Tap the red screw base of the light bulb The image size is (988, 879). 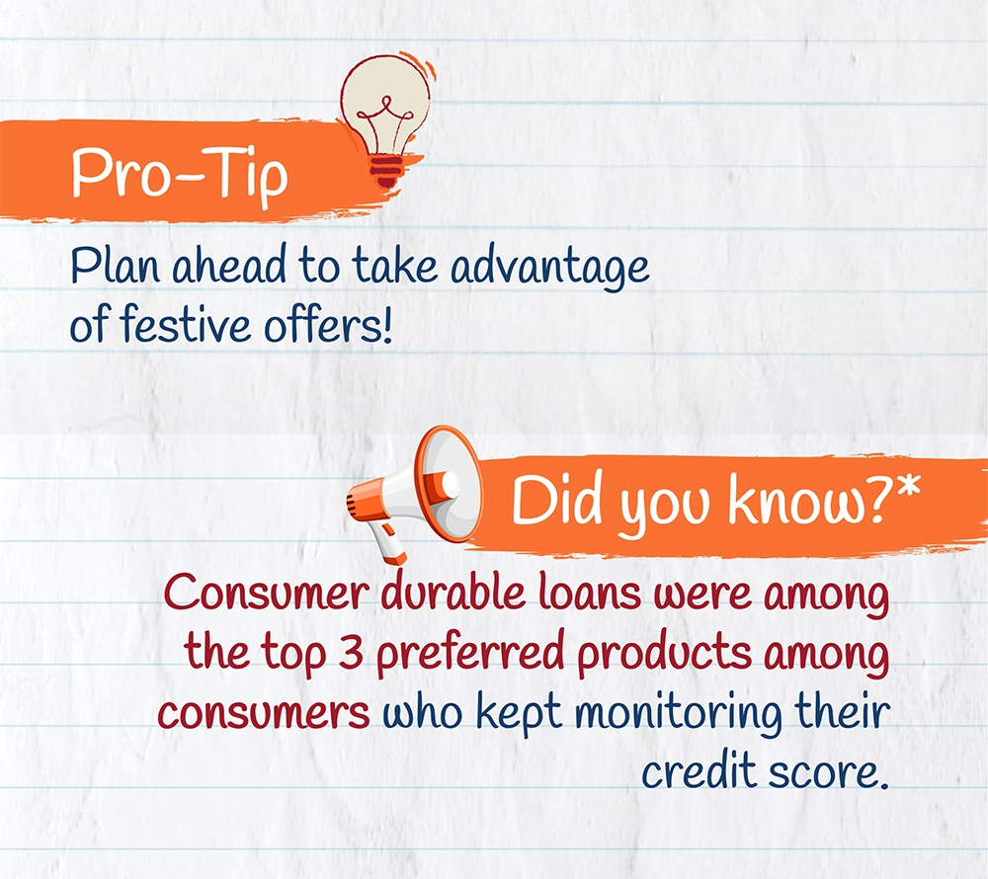(385, 170)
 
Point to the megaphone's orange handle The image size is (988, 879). (388, 543)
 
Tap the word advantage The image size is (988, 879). (549, 268)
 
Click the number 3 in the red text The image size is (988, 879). (351, 652)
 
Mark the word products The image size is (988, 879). (664, 656)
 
